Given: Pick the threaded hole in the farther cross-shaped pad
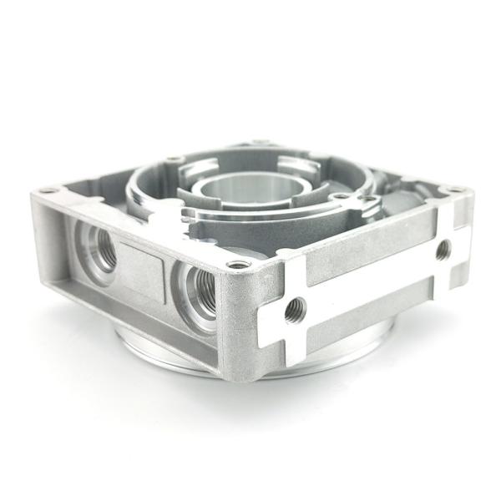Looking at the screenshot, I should pos(443,249).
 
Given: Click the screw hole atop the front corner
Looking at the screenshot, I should pos(239,265).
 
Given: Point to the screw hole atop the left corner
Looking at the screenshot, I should pos(48,191).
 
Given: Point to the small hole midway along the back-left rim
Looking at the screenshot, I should pos(174,159).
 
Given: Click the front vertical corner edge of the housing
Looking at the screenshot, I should pos(239,326).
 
